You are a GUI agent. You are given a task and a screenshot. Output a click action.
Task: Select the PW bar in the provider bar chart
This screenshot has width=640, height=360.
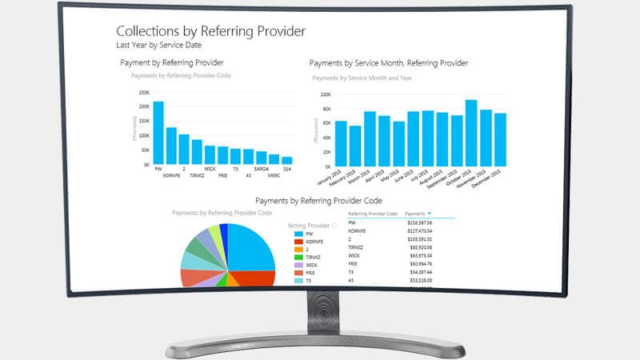click(158, 133)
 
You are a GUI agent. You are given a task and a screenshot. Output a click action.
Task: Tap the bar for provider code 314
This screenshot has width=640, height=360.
click(286, 160)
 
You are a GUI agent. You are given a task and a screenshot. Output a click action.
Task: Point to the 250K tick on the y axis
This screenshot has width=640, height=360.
click(144, 92)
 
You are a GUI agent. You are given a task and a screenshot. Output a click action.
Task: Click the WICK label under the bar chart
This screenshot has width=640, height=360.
click(210, 170)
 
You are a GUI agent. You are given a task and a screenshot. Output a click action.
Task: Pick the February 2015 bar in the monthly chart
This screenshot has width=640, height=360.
click(355, 145)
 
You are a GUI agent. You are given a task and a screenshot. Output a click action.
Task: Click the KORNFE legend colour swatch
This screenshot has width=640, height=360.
click(298, 241)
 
